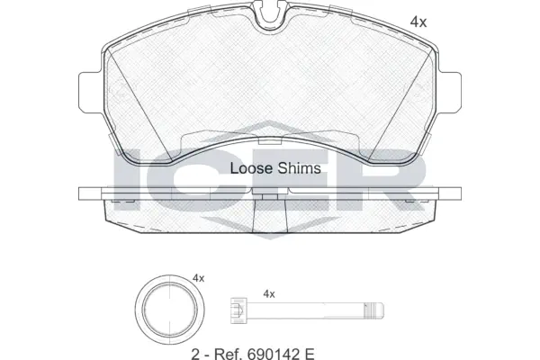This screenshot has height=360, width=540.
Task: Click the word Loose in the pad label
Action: [249, 168]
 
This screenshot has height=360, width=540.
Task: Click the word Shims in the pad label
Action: [292, 168]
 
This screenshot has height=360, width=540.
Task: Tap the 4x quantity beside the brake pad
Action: [418, 21]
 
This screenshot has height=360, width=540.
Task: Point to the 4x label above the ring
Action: [198, 279]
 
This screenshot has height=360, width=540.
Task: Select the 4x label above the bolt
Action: [267, 293]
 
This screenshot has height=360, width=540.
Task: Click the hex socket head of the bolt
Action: [238, 313]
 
